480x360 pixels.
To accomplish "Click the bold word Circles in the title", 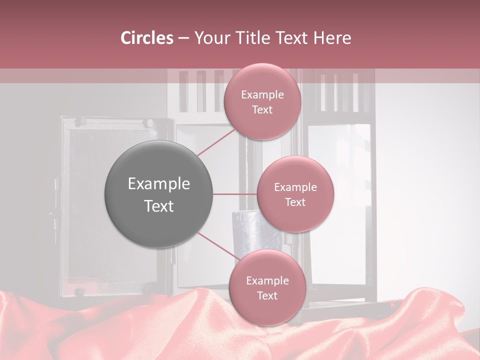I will (146, 38).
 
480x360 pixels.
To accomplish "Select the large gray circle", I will (159, 194).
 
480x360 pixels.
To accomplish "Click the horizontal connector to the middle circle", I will (235, 194).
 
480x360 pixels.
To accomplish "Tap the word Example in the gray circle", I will (159, 184).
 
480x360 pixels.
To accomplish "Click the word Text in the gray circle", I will (159, 206).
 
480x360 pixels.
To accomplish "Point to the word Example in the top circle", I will (262, 95).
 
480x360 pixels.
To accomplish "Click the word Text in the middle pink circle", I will (295, 202).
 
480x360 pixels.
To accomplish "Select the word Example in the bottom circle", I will (267, 281).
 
